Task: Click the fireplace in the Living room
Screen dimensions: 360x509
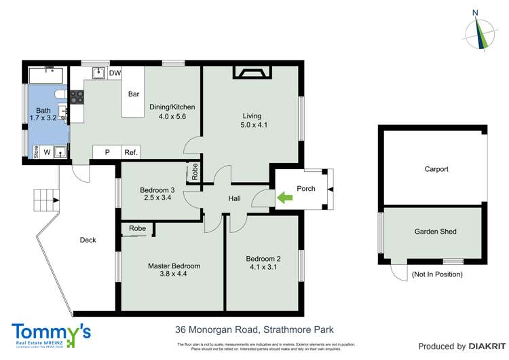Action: [252, 71]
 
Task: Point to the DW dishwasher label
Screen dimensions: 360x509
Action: [115, 72]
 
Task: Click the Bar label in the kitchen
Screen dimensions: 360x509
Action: [134, 94]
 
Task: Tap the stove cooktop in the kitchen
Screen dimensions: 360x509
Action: [76, 97]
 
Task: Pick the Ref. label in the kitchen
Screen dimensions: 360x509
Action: [130, 153]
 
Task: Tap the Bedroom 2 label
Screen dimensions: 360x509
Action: [262, 259]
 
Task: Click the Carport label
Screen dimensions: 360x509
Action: [436, 169]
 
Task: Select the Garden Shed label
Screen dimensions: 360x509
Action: [435, 231]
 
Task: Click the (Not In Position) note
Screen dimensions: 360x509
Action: [437, 274]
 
